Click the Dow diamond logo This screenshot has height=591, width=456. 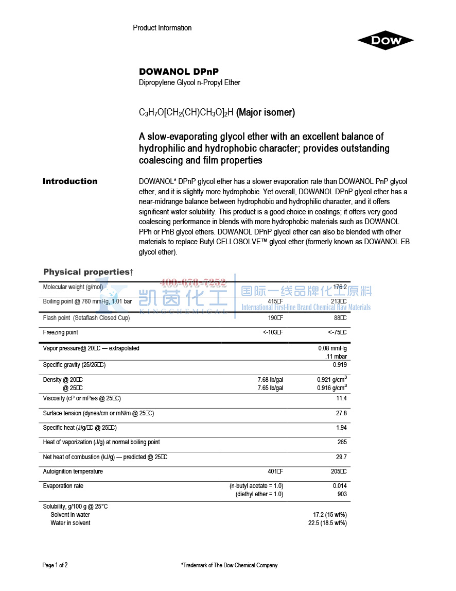[386, 41]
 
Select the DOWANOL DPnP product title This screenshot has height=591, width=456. [175, 72]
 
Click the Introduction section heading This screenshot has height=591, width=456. [70, 181]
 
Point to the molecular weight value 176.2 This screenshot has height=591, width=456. [340, 287]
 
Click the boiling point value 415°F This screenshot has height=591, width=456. [275, 302]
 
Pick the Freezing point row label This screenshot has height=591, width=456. [61, 333]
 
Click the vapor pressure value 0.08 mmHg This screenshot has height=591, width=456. [332, 349]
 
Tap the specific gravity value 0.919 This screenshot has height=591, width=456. [340, 365]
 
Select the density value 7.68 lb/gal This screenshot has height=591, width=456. [270, 380]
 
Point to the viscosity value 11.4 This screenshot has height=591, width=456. [341, 398]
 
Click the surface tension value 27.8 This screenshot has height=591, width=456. [341, 413]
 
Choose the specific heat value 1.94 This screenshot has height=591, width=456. [341, 428]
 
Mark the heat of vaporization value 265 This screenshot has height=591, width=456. [342, 442]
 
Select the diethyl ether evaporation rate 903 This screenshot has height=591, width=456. [342, 494]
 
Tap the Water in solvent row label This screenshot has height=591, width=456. [71, 523]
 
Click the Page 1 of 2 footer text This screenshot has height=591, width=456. [55, 565]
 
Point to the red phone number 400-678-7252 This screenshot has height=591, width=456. [193, 282]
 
